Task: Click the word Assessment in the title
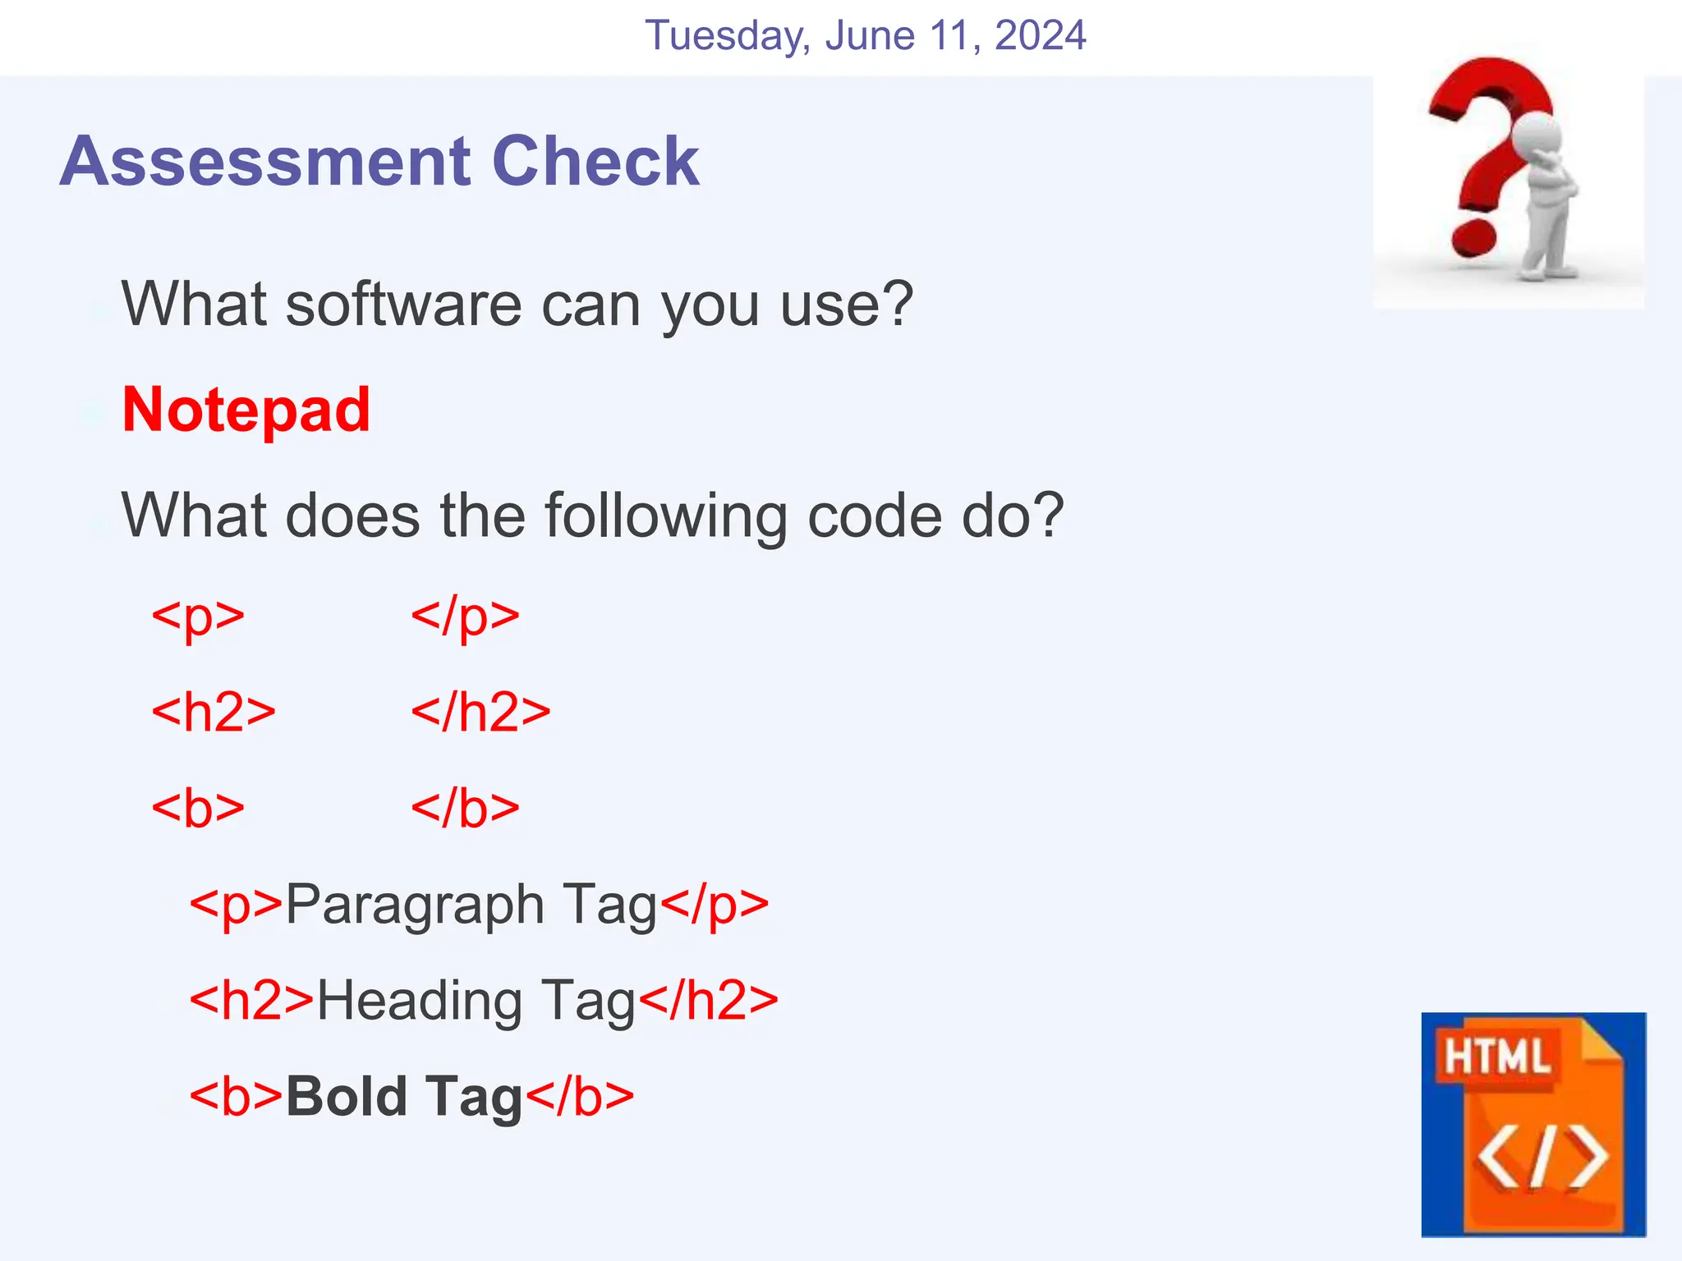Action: click(264, 161)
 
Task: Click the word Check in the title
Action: click(595, 161)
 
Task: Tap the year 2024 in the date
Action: click(1040, 36)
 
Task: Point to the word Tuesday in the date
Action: click(728, 36)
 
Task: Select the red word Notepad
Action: click(246, 410)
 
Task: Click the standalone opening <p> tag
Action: click(198, 617)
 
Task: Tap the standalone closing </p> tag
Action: click(465, 617)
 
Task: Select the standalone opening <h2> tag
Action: click(214, 712)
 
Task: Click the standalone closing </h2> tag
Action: click(480, 712)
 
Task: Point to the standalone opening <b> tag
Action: click(198, 808)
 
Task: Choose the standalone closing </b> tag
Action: click(465, 808)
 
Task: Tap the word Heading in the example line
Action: click(420, 1002)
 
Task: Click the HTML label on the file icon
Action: click(1496, 1057)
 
